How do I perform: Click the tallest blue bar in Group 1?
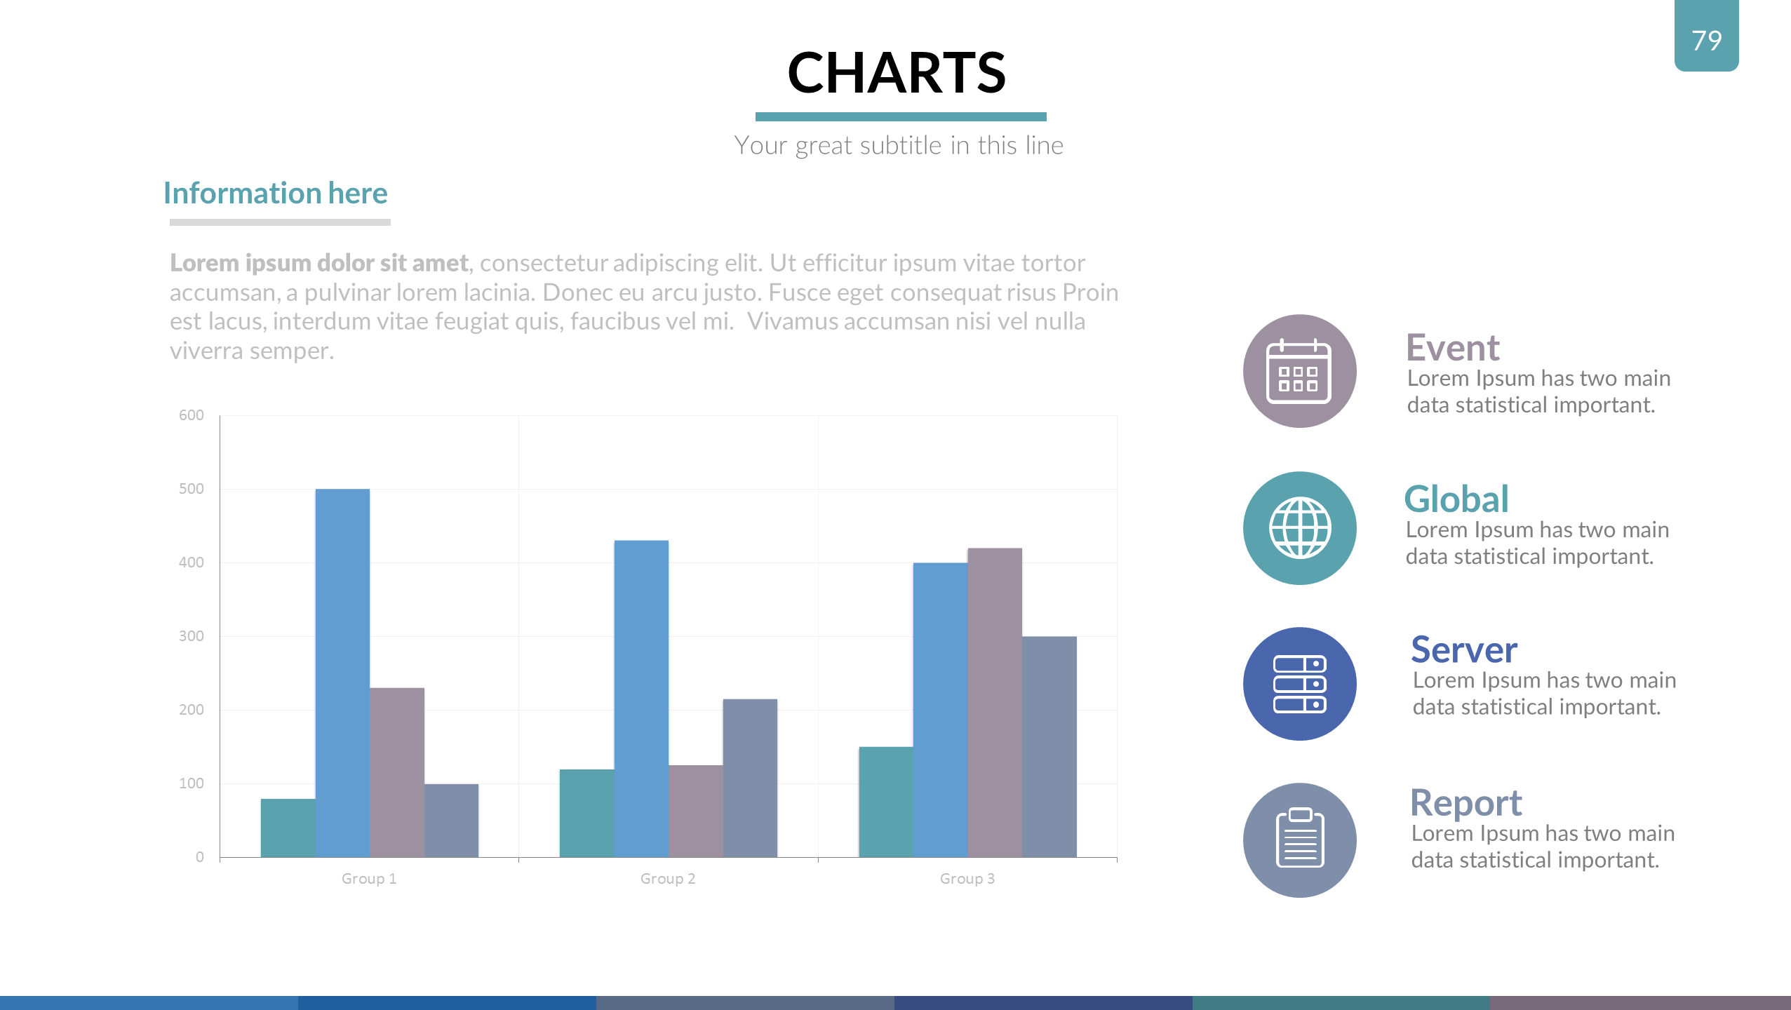coord(342,673)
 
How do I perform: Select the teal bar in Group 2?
coord(587,813)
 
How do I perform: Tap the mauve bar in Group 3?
coord(995,702)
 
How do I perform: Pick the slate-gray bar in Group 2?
coord(750,778)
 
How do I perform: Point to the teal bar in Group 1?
coord(288,828)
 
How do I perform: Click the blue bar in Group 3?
coord(941,710)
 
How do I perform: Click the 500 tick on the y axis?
coord(192,489)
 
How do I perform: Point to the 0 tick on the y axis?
coord(200,857)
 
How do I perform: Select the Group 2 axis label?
coord(668,879)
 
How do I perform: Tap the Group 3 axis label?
coord(967,879)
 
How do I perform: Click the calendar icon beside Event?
coord(1299,372)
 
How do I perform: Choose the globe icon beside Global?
coord(1300,528)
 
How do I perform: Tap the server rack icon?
coord(1300,684)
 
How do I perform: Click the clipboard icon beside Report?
coord(1300,838)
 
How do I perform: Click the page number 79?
coord(1707,41)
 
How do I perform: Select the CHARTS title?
coord(897,72)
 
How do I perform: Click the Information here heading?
coord(276,193)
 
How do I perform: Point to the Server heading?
coord(1464,649)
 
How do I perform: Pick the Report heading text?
coord(1466,803)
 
